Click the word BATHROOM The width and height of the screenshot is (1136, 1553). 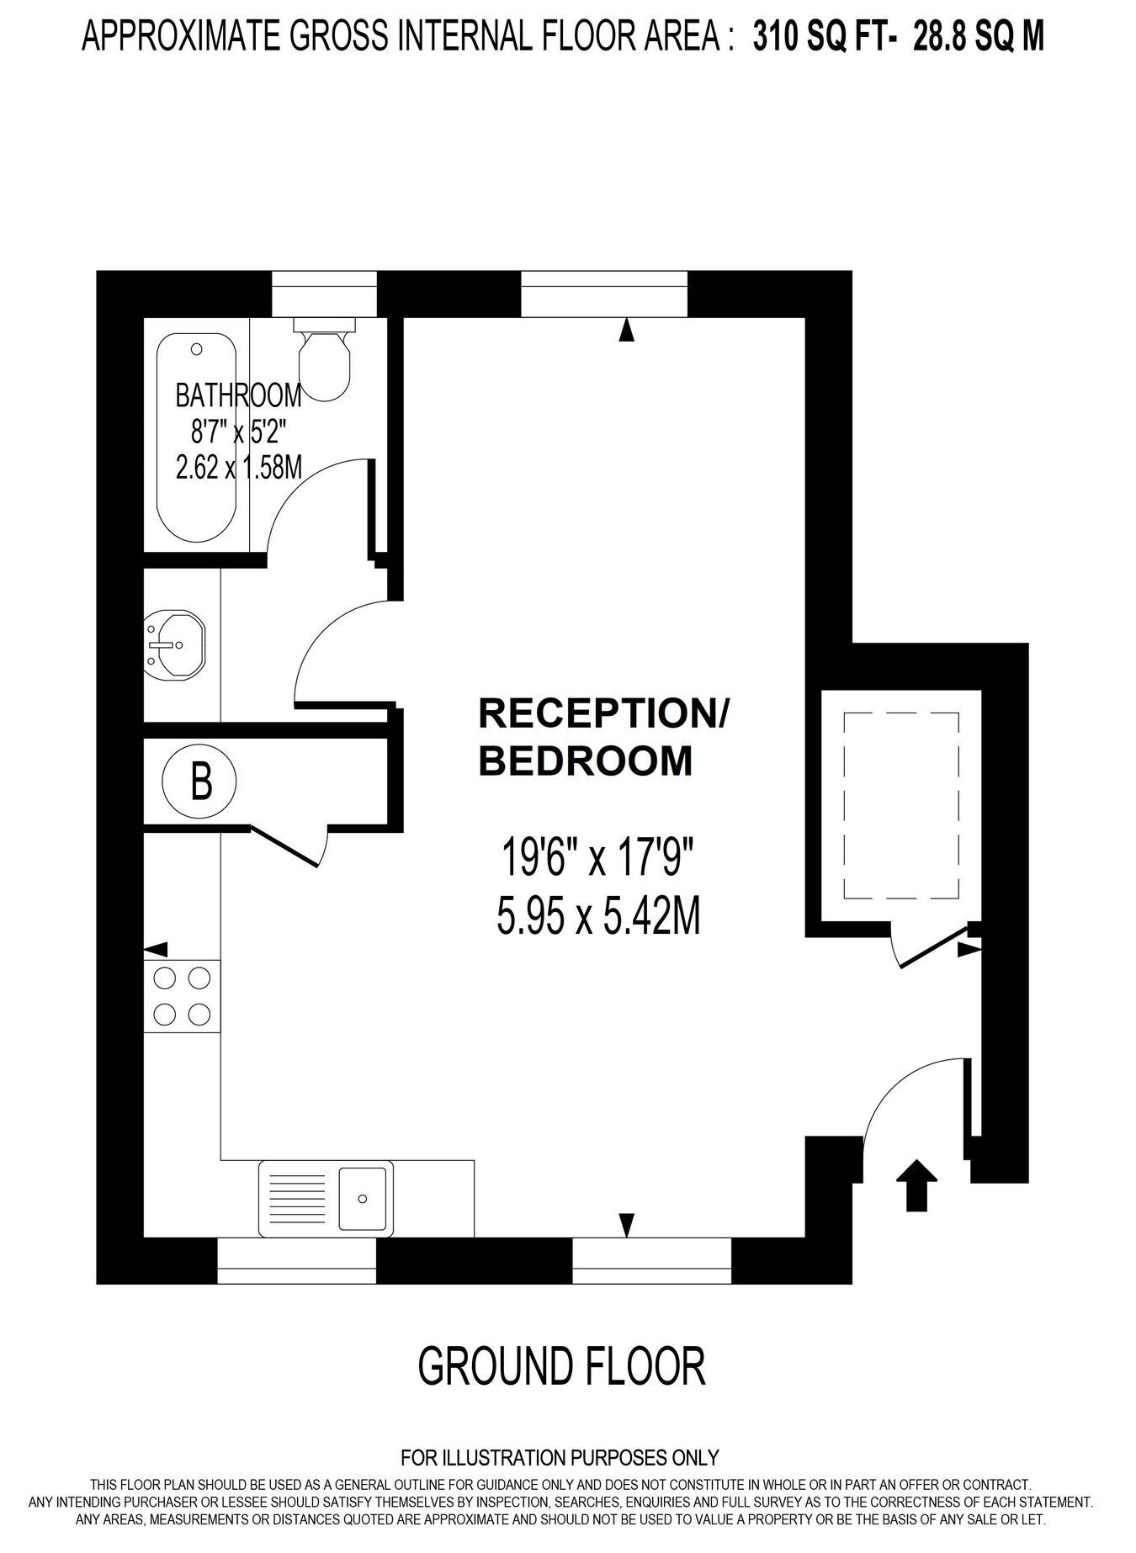click(x=238, y=395)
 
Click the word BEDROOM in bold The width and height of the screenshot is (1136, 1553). click(x=586, y=761)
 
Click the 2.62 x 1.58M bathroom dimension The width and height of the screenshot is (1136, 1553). click(x=239, y=466)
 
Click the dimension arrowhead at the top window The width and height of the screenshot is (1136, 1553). click(x=625, y=330)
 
